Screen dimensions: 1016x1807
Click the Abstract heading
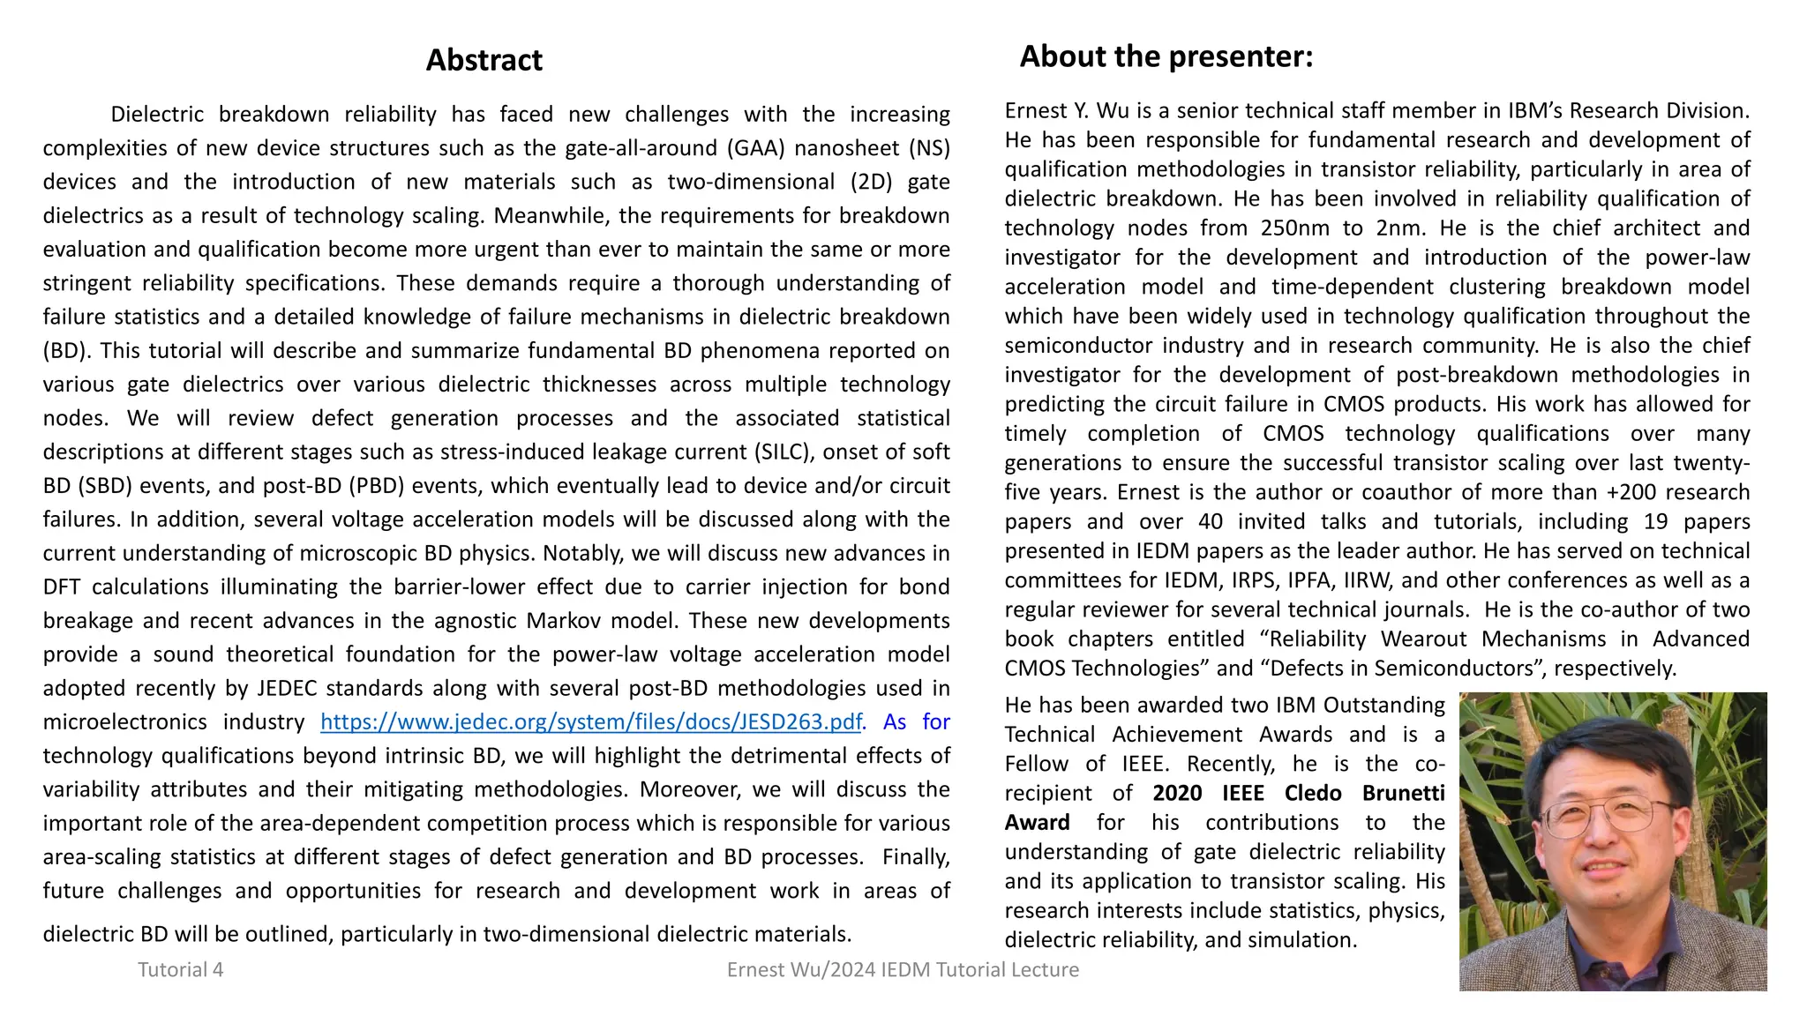tap(484, 60)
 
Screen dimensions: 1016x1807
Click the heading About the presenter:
tap(1166, 56)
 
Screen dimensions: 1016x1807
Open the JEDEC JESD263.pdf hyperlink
tap(590, 722)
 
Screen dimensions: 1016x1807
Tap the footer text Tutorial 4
tap(180, 969)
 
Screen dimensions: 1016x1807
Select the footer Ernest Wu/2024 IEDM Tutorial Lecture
tap(903, 969)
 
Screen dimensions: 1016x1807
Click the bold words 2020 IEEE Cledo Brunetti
tap(1298, 793)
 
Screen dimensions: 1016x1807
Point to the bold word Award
tap(1037, 822)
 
